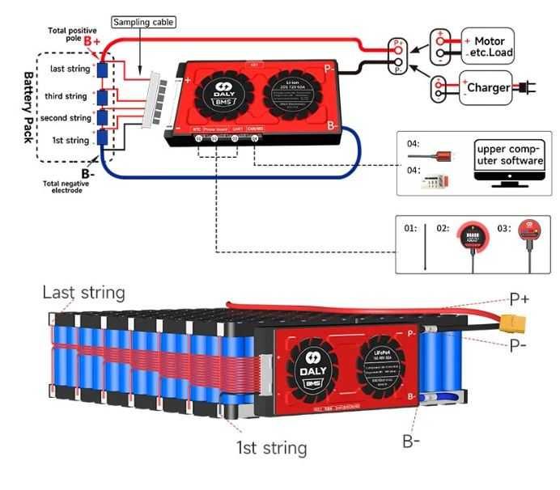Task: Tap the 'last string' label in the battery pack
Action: (70, 69)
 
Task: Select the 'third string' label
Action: (66, 96)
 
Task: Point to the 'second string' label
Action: (65, 118)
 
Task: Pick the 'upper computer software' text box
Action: (510, 155)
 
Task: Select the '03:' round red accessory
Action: (529, 234)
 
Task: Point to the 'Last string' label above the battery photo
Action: (83, 292)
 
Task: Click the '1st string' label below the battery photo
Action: (271, 446)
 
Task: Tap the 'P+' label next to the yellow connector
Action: (519, 298)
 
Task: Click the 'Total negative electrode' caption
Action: (62, 187)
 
